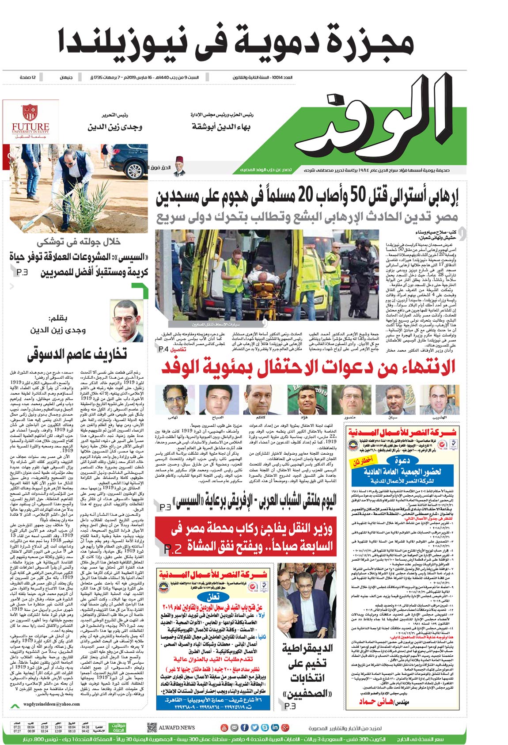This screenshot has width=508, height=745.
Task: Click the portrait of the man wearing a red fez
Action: (178, 167)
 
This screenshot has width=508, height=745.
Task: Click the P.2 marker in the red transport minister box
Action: (173, 549)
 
